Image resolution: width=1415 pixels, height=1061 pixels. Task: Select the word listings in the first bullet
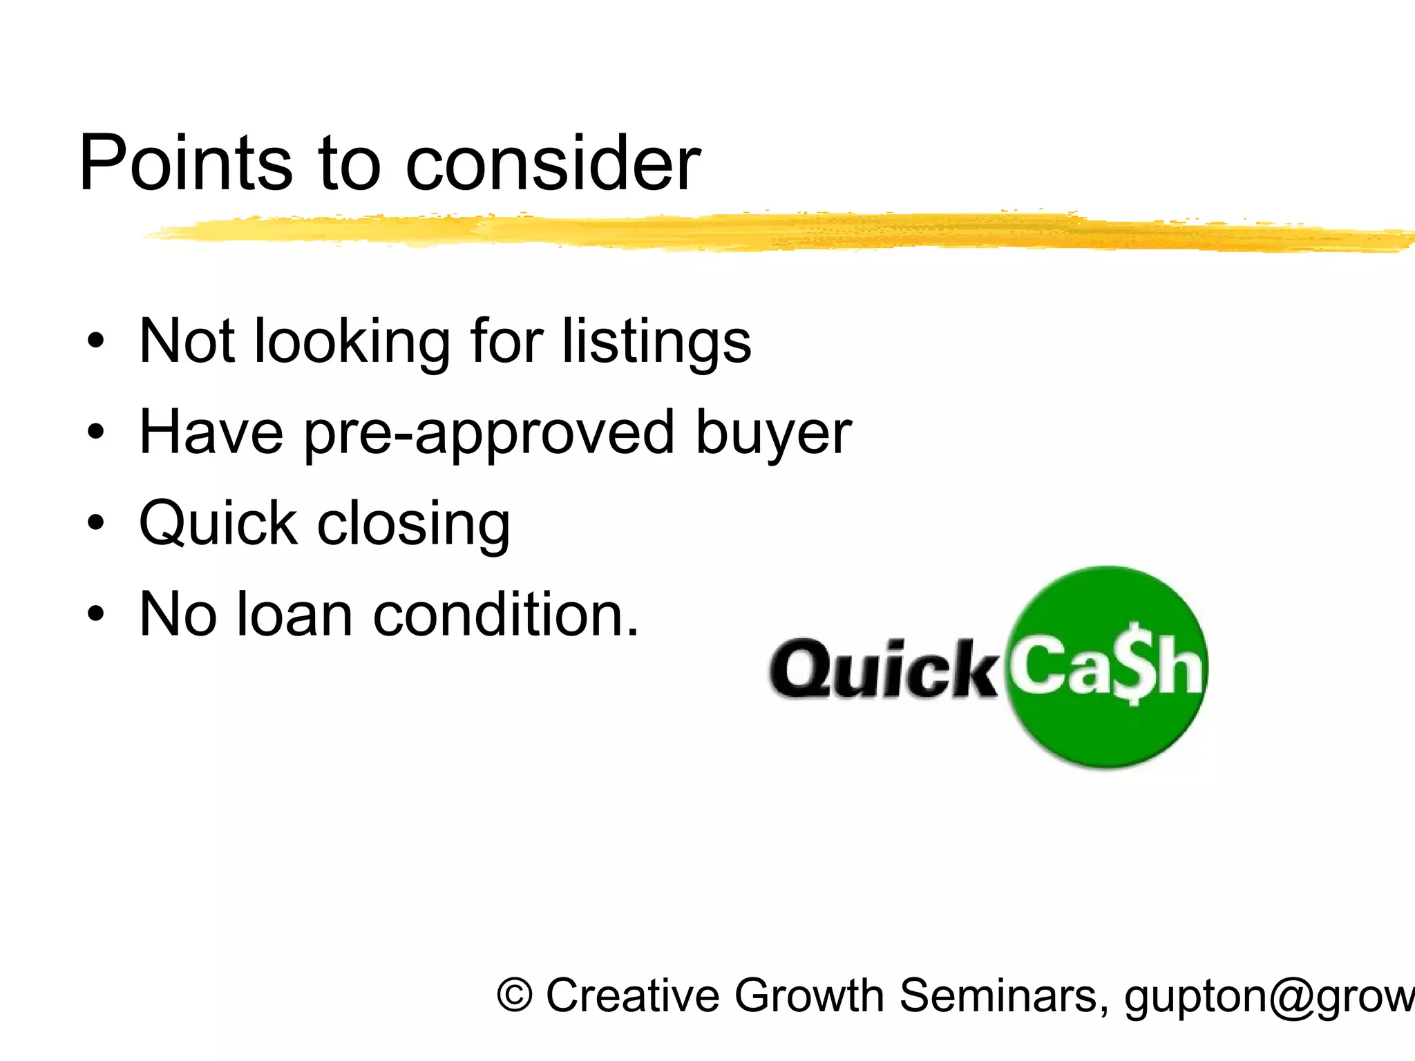click(656, 341)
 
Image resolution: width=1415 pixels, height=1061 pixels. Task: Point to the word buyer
click(773, 434)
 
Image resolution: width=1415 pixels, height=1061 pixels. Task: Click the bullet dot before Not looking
click(96, 341)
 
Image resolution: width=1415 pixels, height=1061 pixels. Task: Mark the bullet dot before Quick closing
click(96, 524)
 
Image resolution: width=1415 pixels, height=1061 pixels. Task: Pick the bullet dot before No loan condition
click(96, 614)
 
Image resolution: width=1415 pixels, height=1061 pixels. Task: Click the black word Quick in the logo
click(882, 669)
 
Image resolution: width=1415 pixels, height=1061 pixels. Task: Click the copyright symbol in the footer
click(515, 996)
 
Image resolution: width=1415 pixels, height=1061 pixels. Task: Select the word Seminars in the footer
click(1004, 996)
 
